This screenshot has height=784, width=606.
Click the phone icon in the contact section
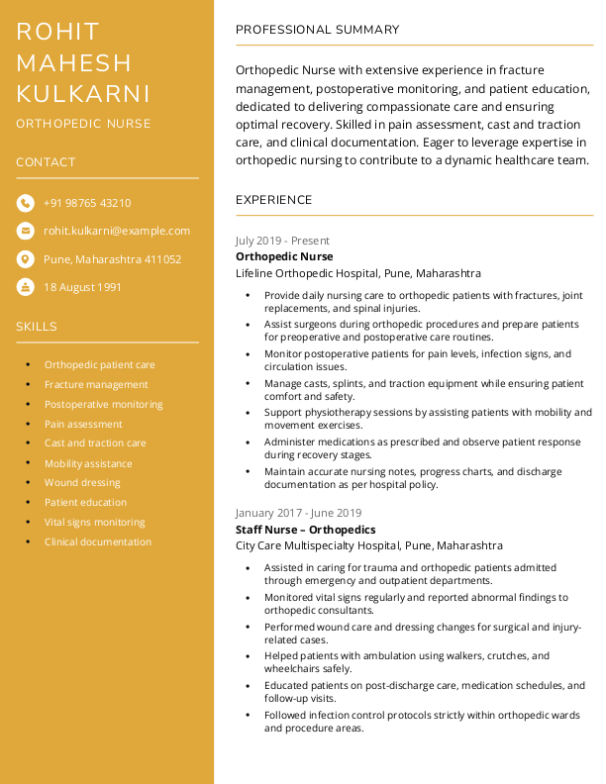(25, 203)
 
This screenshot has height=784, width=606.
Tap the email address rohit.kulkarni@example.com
(117, 231)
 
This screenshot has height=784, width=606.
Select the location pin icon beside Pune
(25, 259)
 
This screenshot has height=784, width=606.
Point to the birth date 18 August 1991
(82, 287)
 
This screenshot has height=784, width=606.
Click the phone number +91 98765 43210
(87, 203)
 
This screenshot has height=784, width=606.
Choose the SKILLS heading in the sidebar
(37, 327)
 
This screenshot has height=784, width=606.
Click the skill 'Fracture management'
(96, 384)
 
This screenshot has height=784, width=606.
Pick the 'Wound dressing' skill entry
(82, 483)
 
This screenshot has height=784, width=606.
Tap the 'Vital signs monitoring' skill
(94, 522)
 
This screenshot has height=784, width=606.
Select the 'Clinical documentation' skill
(98, 541)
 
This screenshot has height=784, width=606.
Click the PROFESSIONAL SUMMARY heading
(318, 30)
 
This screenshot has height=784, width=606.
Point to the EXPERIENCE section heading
(274, 200)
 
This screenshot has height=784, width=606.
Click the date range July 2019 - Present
(282, 241)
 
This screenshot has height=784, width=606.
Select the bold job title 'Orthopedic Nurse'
(284, 256)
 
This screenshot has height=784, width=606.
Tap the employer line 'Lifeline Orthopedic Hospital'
(358, 273)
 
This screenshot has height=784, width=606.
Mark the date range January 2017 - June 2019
(298, 514)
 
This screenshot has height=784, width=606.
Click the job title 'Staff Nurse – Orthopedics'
(306, 530)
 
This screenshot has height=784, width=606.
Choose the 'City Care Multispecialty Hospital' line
(369, 545)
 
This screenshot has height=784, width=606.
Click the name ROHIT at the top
(58, 32)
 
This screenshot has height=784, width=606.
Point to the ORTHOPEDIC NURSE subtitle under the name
(83, 124)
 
